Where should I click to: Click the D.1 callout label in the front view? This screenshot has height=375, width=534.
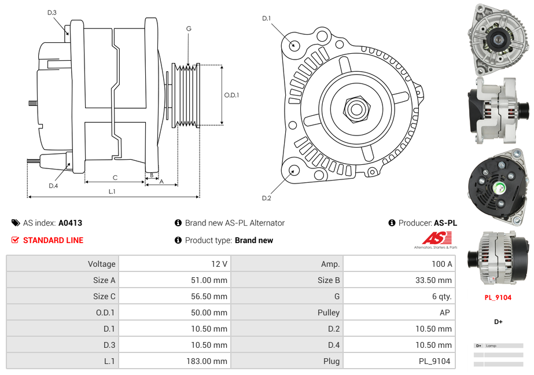[x=266, y=19]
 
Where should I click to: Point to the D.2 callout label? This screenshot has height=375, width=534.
[x=266, y=198]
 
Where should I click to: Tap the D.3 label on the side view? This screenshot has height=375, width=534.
[x=52, y=12]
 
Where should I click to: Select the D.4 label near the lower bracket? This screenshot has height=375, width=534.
[x=53, y=186]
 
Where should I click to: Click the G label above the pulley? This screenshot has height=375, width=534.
[x=189, y=28]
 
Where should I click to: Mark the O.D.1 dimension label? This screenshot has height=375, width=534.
[x=231, y=95]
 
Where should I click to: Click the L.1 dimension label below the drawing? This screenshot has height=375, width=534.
[x=112, y=192]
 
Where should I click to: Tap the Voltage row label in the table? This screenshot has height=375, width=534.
[x=101, y=264]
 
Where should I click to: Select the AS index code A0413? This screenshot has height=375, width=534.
[x=70, y=223]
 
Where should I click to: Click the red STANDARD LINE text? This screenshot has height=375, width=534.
[x=53, y=240]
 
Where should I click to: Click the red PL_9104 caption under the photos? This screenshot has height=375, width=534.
[x=498, y=297]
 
